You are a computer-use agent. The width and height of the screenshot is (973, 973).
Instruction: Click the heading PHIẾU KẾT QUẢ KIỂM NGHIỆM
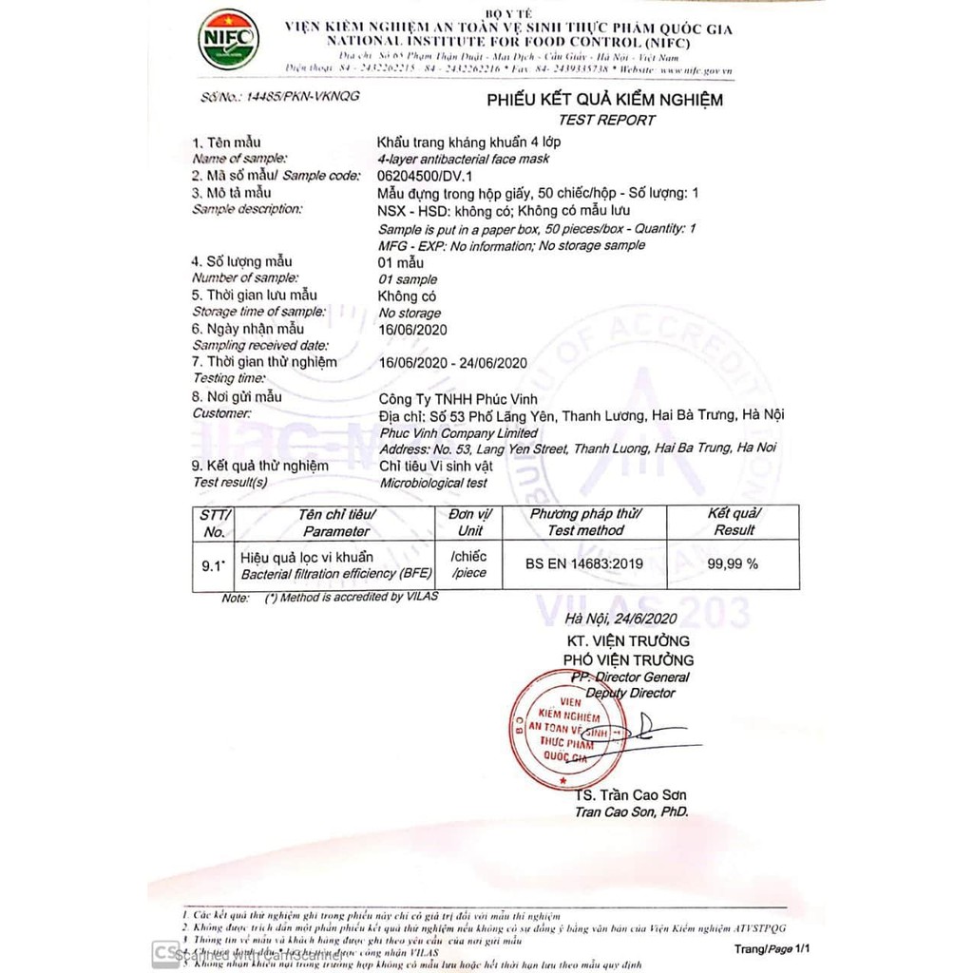pyautogui.click(x=605, y=100)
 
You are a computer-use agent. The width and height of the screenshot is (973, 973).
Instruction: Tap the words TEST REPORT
pyautogui.click(x=606, y=120)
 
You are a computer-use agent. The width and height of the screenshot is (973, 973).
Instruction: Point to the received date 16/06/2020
pyautogui.click(x=412, y=330)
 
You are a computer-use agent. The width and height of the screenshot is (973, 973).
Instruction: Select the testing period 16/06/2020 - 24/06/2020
pyautogui.click(x=452, y=362)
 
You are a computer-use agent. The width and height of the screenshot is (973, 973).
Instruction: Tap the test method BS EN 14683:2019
pyautogui.click(x=584, y=563)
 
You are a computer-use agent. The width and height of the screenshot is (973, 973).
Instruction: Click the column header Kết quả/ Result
pyautogui.click(x=734, y=522)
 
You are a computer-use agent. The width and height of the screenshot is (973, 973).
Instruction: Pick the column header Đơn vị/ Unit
pyautogui.click(x=469, y=522)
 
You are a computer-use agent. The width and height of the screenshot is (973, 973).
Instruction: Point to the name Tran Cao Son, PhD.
pyautogui.click(x=631, y=812)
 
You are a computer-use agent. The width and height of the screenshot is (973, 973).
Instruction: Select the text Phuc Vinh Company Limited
pyautogui.click(x=458, y=432)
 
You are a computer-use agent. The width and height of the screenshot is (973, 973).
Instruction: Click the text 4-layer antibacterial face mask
pyautogui.click(x=463, y=159)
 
